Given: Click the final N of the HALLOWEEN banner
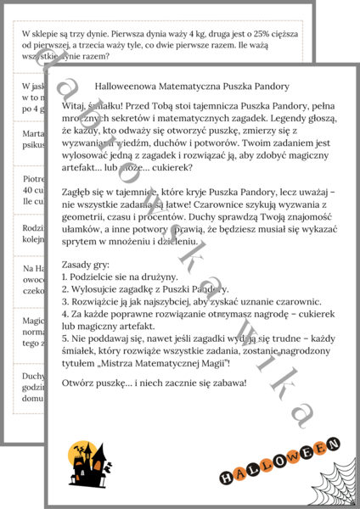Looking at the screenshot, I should (333, 444).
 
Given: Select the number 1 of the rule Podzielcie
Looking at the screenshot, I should (65, 277).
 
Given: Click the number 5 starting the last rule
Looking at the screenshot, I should (65, 337).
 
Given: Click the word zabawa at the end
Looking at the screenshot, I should (228, 383).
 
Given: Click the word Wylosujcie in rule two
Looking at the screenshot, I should (99, 288).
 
